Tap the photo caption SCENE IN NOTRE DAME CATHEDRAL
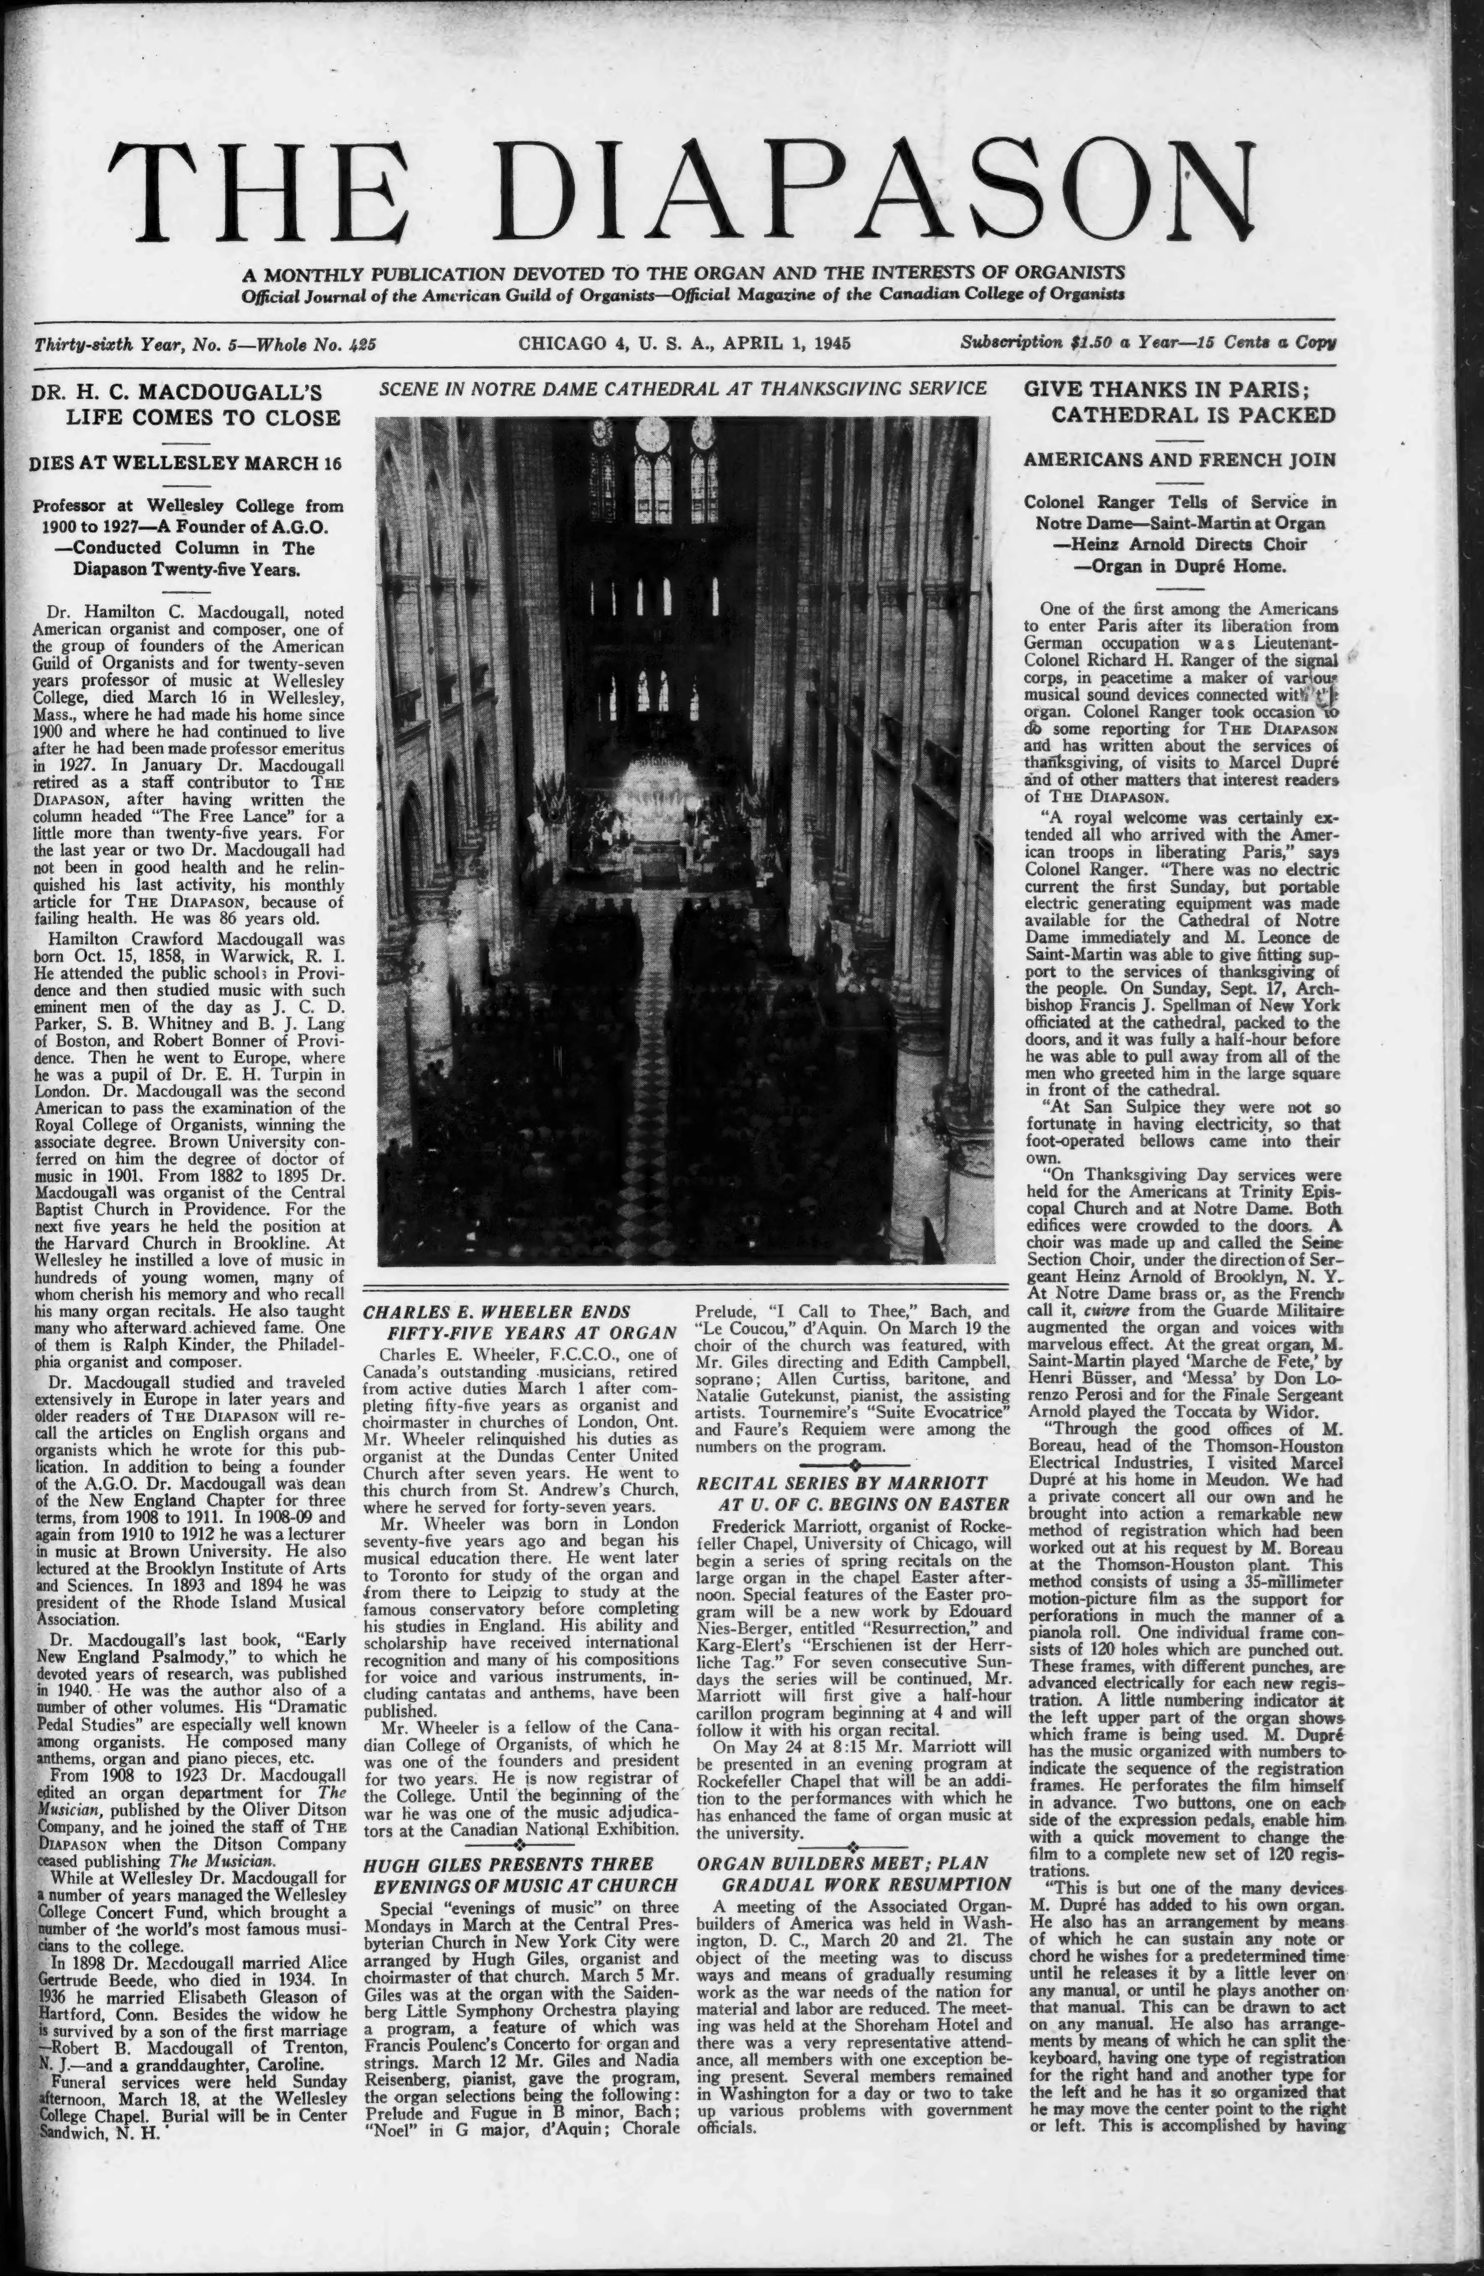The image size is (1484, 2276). (683, 388)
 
